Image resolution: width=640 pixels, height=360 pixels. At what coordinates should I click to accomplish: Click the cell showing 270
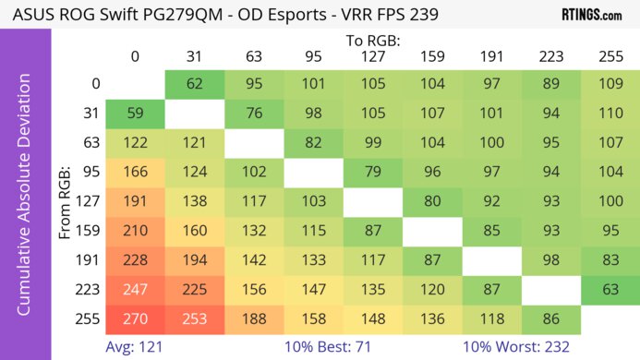135,318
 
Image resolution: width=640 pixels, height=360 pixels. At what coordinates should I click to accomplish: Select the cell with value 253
195,318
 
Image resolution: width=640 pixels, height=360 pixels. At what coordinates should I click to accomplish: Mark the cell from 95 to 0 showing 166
135,173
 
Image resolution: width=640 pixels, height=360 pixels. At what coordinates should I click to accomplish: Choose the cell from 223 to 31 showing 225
195,289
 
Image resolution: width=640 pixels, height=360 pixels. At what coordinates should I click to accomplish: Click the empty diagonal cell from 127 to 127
372,202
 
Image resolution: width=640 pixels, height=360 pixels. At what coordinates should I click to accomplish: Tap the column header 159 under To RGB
431,57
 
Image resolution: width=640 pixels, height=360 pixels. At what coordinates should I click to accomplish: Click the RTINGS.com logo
591,16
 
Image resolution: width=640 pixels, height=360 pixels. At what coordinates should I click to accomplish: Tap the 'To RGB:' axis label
372,41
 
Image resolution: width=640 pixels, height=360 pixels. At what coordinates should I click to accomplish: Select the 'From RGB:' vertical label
66,201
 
